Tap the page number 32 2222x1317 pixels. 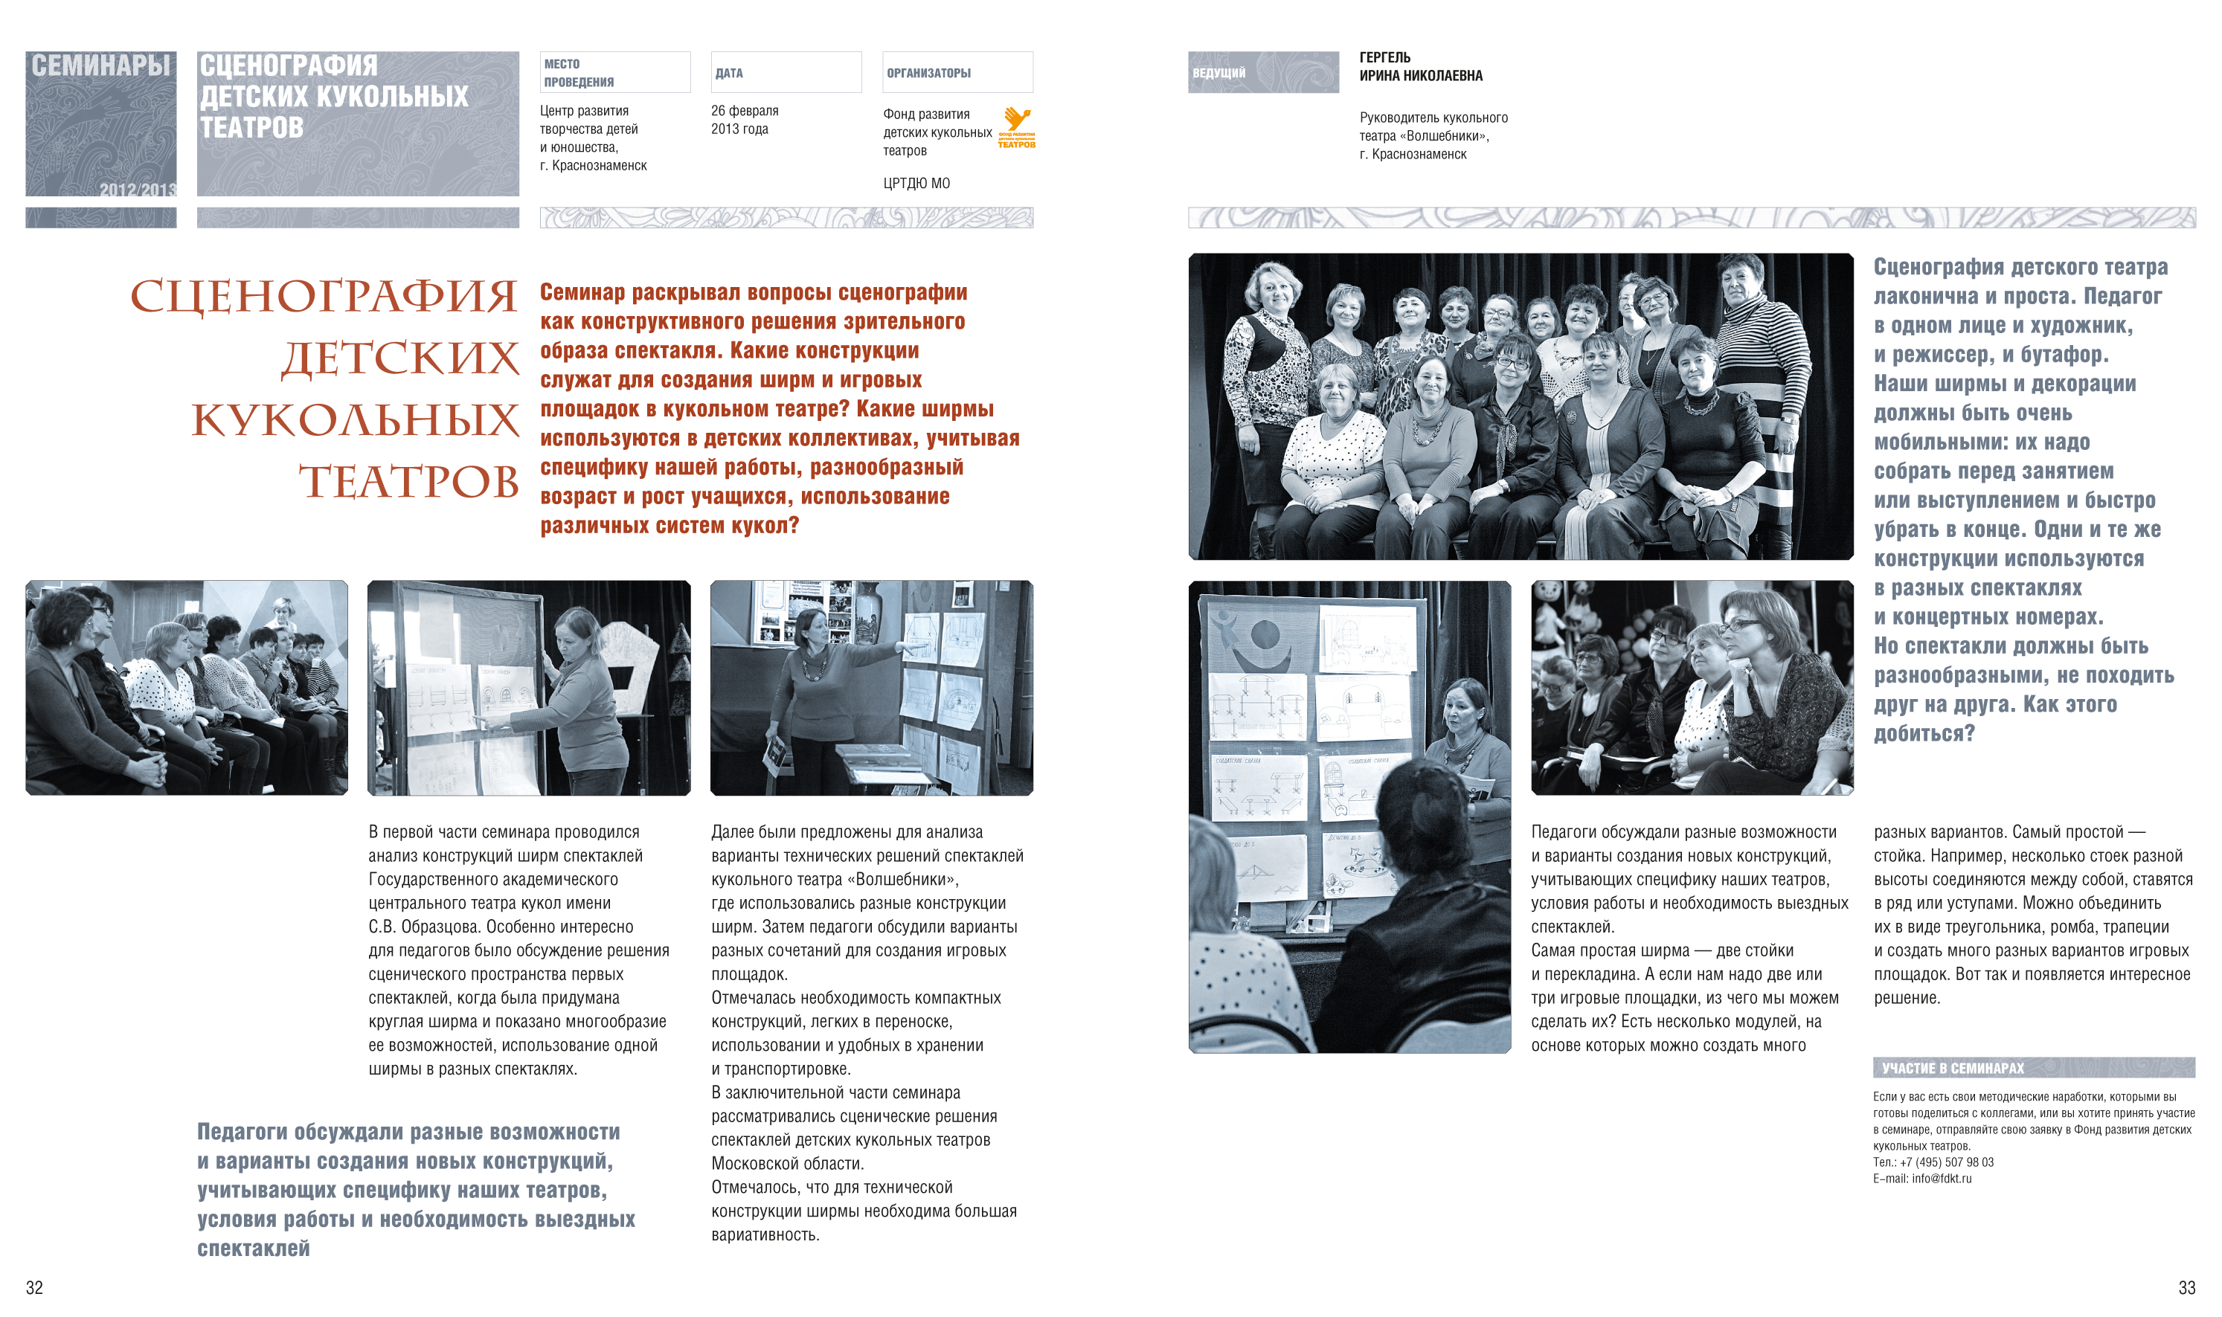(x=35, y=1287)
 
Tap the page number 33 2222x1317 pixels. (x=2186, y=1287)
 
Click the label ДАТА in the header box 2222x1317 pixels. (x=729, y=73)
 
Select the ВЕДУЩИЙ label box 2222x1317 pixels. (x=1263, y=72)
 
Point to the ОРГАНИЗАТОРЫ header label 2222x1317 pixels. (x=928, y=73)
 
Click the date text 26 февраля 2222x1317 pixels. (x=744, y=111)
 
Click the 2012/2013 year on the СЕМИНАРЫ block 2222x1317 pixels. (x=138, y=189)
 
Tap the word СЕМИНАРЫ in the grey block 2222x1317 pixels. (x=100, y=65)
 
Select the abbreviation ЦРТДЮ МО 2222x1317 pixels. (x=916, y=183)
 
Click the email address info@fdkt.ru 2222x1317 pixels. (x=1942, y=1179)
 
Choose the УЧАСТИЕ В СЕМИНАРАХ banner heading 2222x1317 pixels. (x=1953, y=1069)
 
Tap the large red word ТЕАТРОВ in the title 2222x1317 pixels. (x=408, y=481)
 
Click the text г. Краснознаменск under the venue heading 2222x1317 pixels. (x=593, y=165)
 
